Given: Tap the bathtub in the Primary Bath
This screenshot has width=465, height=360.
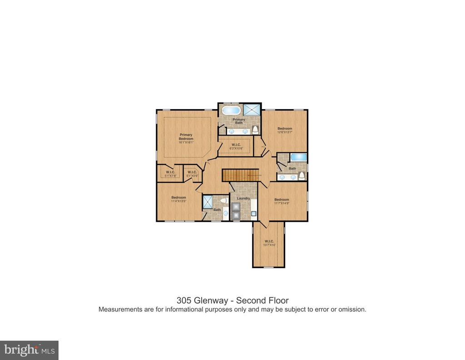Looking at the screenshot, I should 231,110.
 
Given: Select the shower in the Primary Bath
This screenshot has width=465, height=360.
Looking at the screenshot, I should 252,110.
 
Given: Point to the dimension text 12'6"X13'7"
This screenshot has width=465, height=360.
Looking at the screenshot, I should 285,133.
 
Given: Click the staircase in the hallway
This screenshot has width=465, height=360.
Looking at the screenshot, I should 240,175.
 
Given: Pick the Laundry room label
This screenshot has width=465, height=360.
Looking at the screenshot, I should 244,198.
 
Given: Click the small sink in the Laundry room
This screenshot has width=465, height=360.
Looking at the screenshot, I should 252,213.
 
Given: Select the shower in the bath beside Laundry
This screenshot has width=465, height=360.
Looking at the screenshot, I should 208,201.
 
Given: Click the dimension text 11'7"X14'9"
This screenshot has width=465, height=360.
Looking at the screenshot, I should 282,203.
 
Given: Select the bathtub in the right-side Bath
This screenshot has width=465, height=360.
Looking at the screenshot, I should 298,157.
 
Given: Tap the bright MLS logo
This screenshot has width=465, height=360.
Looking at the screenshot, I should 29,350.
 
